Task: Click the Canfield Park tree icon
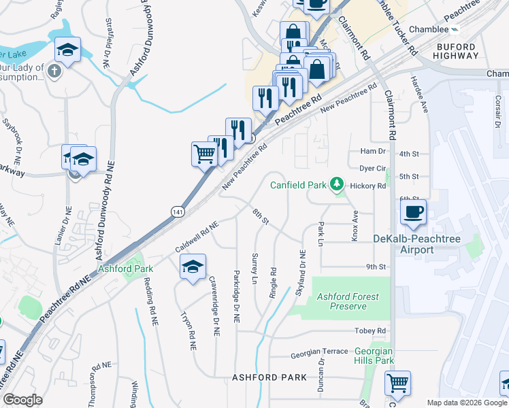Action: [x=335, y=184]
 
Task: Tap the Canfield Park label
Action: [x=299, y=184]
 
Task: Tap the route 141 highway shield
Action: [x=177, y=211]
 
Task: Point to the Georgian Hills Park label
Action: [x=374, y=355]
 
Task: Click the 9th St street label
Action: [x=376, y=267]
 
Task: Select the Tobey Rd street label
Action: [x=370, y=331]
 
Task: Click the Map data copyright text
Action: [x=467, y=403]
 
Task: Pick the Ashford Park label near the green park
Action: [x=126, y=269]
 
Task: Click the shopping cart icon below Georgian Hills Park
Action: [x=397, y=383]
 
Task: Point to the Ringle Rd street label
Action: [x=273, y=271]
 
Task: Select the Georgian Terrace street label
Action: [x=318, y=352]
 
